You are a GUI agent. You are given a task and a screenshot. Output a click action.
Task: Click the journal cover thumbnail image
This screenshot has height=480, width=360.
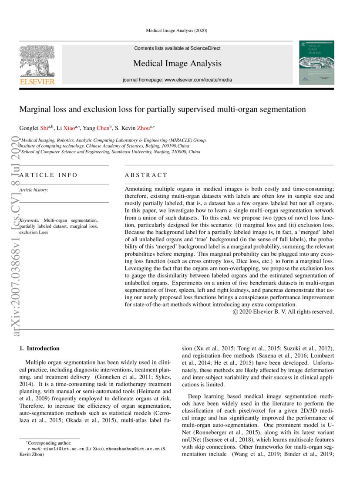[x=317, y=63]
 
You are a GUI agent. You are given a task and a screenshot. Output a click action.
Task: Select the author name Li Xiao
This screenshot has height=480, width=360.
[x=66, y=128]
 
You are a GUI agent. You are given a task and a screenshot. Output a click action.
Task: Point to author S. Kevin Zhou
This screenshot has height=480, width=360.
[x=133, y=128]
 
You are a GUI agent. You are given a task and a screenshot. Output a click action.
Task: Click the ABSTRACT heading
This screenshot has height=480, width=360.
[x=146, y=175]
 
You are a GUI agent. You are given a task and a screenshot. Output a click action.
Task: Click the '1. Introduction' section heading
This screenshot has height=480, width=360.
[x=40, y=348]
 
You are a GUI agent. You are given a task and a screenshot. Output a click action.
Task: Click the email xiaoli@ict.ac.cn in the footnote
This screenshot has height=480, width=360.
[x=64, y=448]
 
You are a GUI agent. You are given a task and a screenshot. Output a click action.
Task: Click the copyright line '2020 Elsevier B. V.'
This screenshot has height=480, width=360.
[x=283, y=311]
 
